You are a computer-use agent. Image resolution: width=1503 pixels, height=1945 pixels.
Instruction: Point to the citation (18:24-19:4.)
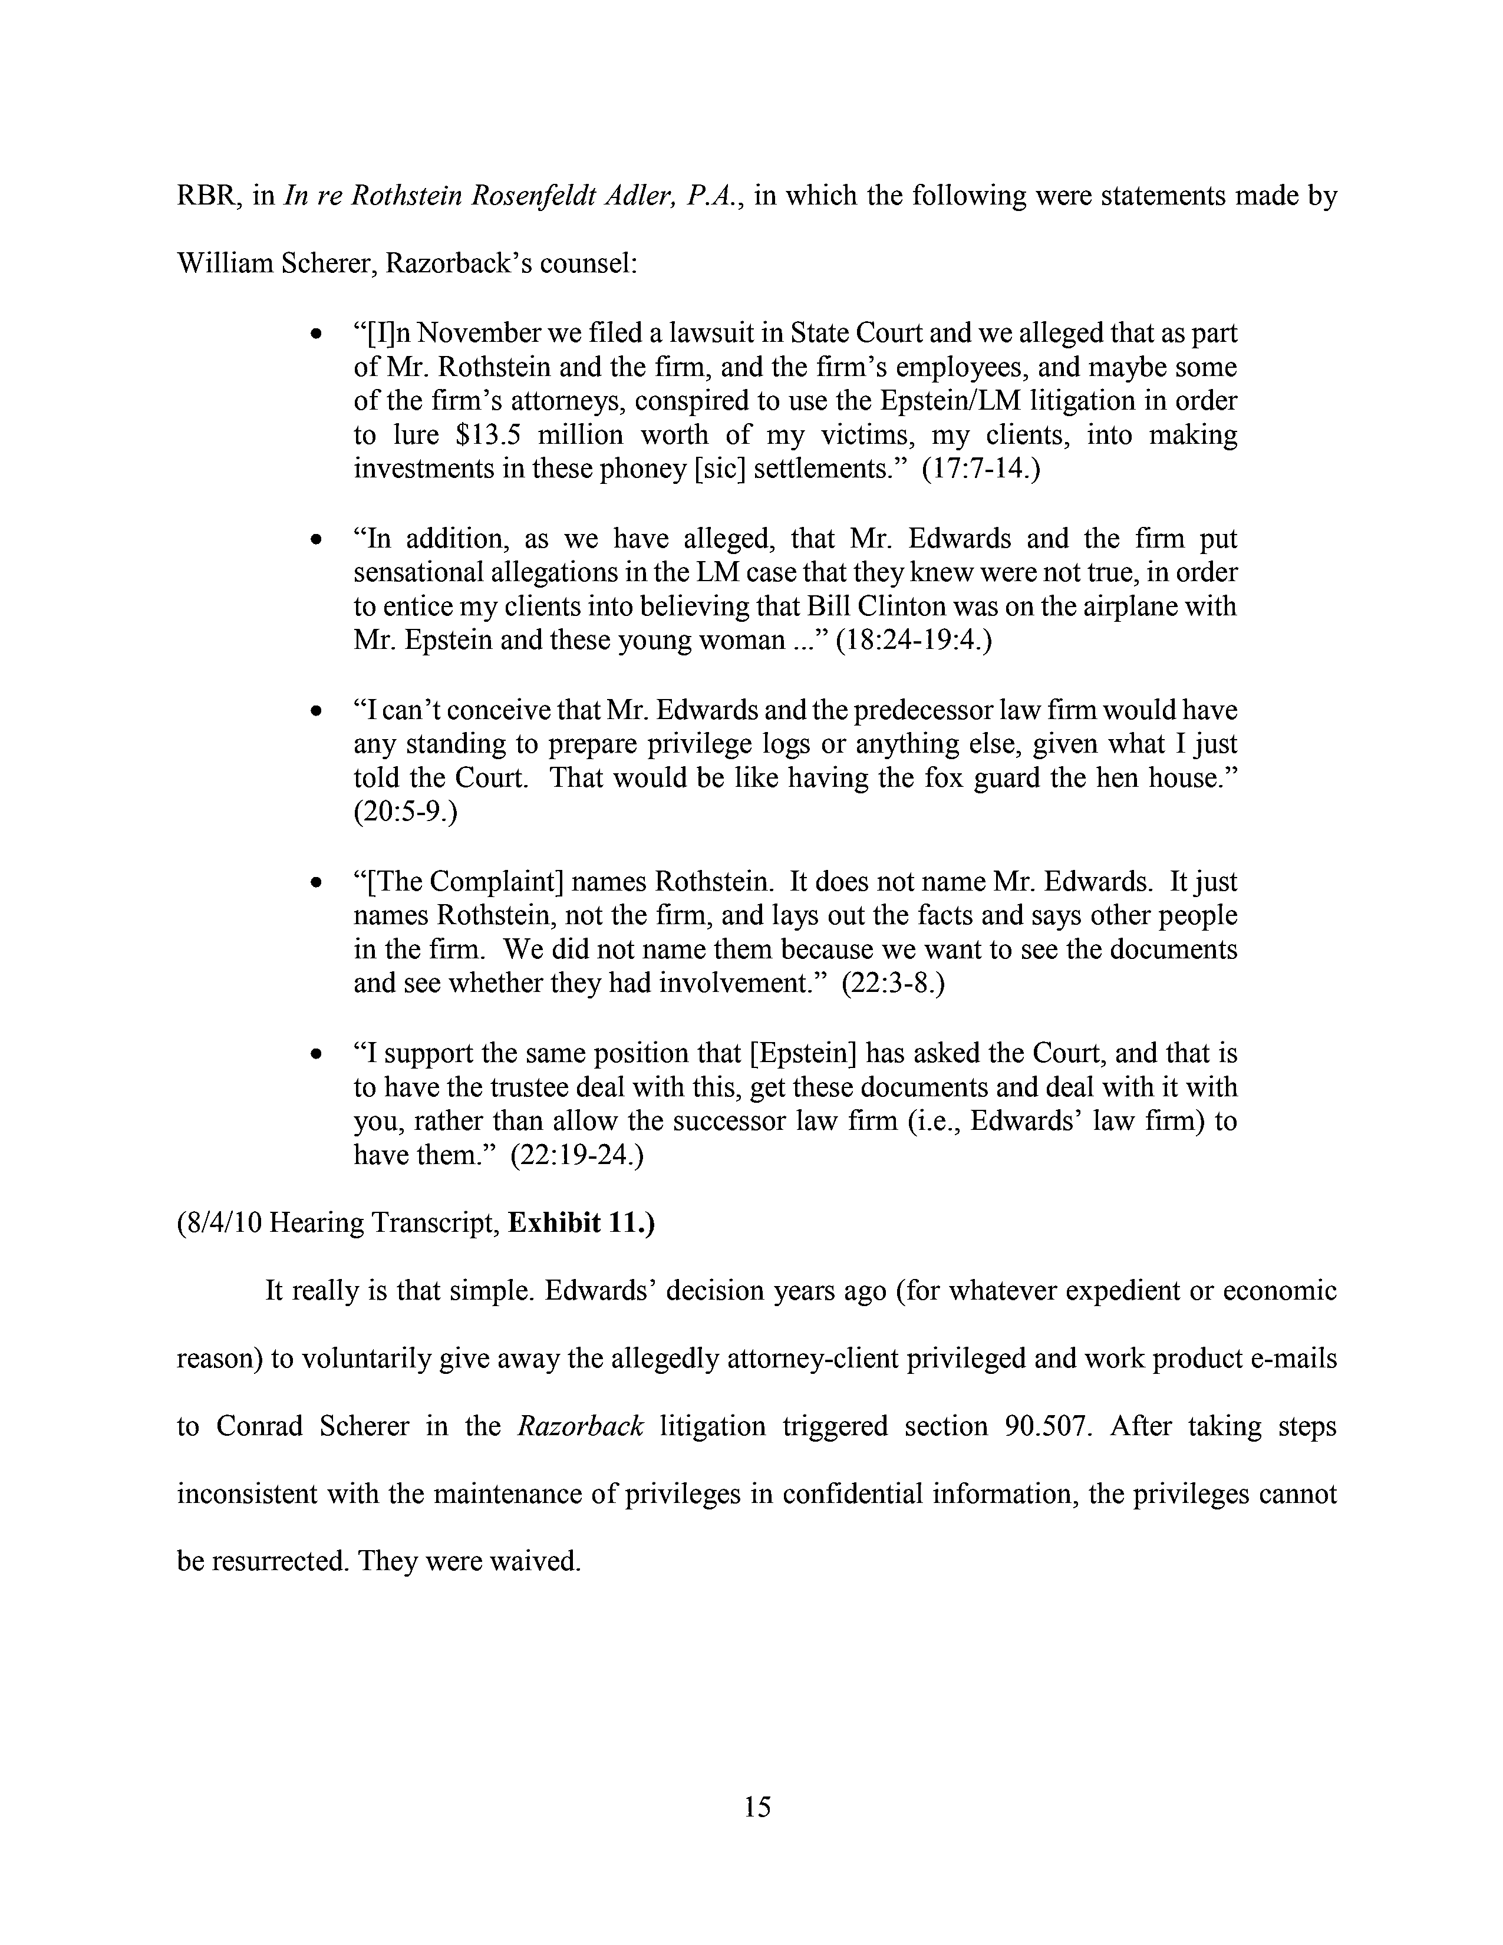[x=914, y=640]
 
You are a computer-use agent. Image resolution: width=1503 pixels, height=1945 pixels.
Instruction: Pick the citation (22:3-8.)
[x=892, y=984]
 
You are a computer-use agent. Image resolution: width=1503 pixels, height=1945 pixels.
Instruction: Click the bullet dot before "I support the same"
[x=315, y=1054]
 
